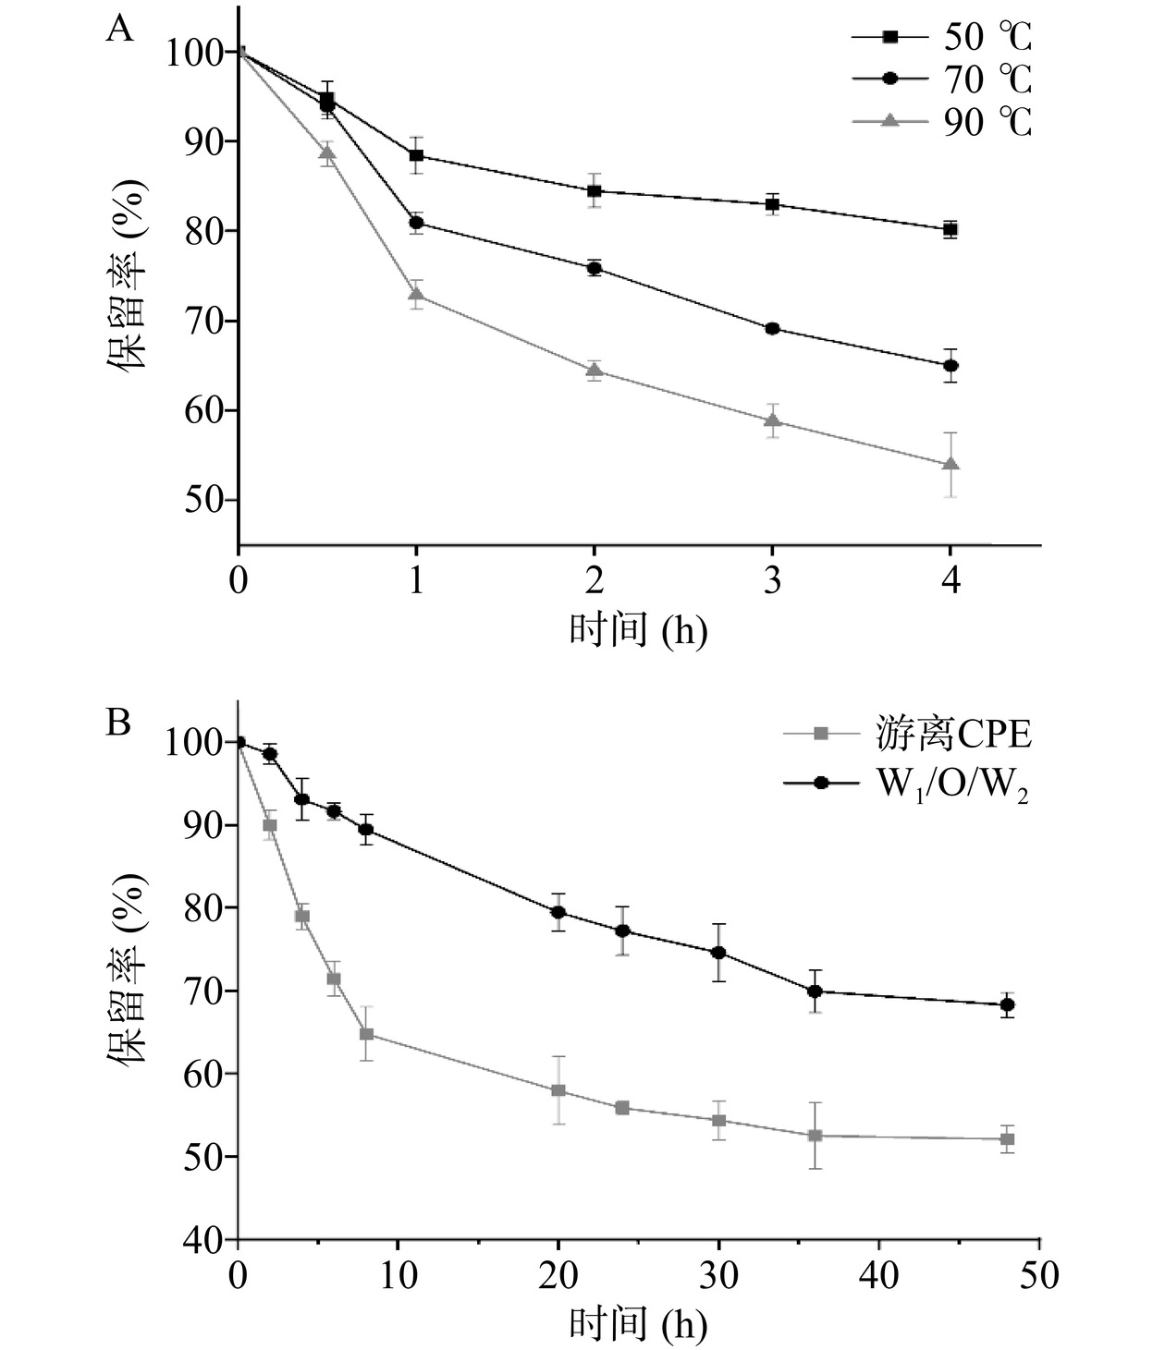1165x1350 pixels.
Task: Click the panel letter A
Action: point(120,30)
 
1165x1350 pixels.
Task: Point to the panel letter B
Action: point(118,722)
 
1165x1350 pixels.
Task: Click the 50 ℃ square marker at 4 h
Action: point(950,230)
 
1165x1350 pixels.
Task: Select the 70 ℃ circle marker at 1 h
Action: point(417,223)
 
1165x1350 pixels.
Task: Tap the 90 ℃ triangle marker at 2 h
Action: point(595,371)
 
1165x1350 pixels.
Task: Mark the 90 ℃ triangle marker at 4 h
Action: point(950,464)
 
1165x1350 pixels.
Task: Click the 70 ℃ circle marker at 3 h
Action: point(773,328)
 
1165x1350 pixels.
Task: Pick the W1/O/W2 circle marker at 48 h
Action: point(1008,1004)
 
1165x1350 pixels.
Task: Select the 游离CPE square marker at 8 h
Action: point(366,1033)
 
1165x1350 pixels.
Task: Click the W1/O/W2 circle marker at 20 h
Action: point(558,912)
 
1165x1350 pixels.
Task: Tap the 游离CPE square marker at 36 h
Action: point(815,1136)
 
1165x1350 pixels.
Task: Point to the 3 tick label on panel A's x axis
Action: point(773,580)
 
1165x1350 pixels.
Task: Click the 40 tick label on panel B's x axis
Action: point(879,1276)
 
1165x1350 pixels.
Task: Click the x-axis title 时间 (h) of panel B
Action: point(638,1325)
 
